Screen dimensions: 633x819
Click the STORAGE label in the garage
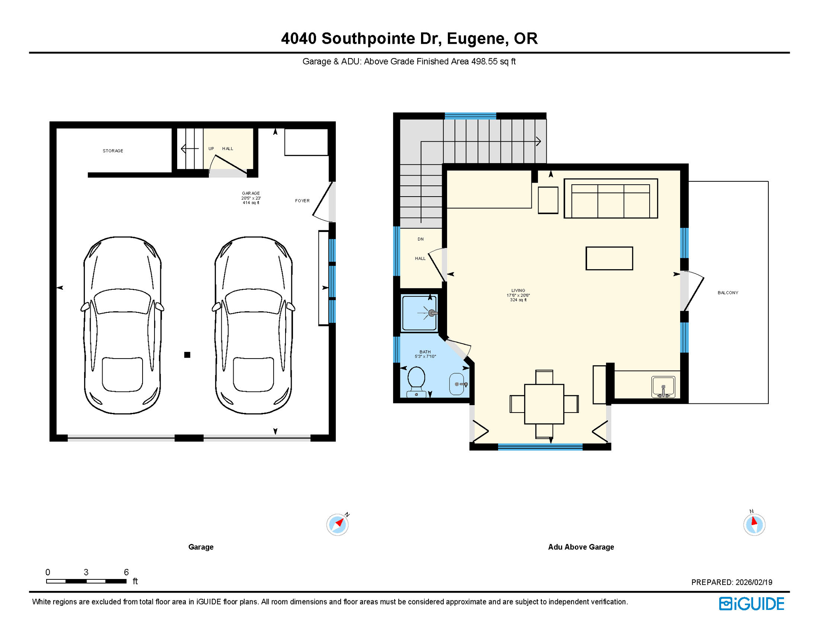[x=113, y=151]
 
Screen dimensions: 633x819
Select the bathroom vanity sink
[x=456, y=384]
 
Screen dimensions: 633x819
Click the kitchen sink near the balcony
[x=663, y=387]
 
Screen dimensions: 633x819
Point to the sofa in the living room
[x=611, y=199]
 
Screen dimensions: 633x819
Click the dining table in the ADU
[x=544, y=404]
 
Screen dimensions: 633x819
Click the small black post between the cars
[x=187, y=355]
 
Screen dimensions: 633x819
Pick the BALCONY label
[x=728, y=293]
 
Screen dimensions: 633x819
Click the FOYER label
[x=302, y=201]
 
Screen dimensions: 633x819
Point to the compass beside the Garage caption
[x=337, y=524]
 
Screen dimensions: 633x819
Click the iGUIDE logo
[x=751, y=604]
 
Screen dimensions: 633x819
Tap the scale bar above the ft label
[x=86, y=581]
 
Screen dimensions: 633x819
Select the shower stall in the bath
[x=419, y=313]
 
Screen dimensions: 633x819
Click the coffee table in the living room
[x=609, y=258]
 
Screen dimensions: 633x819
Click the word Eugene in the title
[x=476, y=38]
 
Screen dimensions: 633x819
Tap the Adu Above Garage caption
[x=580, y=547]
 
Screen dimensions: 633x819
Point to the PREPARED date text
[x=731, y=582]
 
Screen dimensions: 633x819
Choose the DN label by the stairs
[x=420, y=239]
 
